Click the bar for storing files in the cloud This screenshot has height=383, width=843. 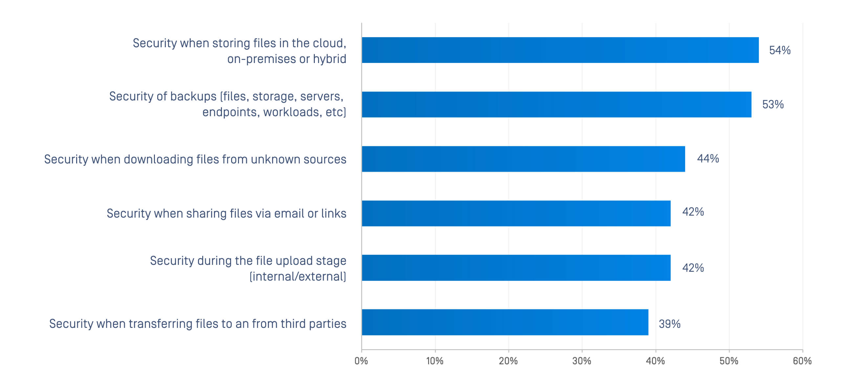(x=560, y=50)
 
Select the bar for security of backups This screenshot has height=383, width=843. (x=556, y=104)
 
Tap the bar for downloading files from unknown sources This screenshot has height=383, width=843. (x=523, y=159)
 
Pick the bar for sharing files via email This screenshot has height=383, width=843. (x=516, y=213)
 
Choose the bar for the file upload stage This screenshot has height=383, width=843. (x=516, y=268)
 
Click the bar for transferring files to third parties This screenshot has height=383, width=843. (x=505, y=322)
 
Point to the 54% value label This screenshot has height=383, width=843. (x=780, y=50)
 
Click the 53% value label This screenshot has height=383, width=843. (x=773, y=104)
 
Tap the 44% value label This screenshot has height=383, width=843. (x=708, y=159)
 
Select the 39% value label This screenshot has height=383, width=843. (x=669, y=324)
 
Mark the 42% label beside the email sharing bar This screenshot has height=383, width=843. (x=693, y=212)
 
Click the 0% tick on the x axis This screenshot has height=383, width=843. (x=361, y=361)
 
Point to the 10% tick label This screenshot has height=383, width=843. (x=435, y=361)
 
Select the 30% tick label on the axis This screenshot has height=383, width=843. (x=582, y=361)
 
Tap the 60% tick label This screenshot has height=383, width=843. (x=802, y=361)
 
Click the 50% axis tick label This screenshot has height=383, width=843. (x=729, y=361)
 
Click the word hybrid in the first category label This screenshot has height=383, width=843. (x=330, y=59)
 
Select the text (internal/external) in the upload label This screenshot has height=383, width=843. (x=298, y=276)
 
